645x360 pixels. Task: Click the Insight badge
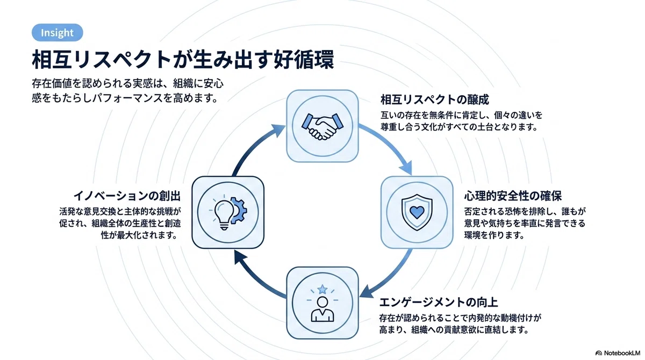tap(58, 33)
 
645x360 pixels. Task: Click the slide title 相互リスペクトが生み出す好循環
tap(183, 60)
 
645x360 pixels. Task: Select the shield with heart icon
tap(417, 212)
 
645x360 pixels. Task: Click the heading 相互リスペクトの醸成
tap(434, 99)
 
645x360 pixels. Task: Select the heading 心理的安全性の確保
tap(513, 196)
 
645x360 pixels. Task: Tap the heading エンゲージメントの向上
tap(439, 303)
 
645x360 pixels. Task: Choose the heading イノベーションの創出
tap(127, 196)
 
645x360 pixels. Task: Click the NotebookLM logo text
tap(622, 353)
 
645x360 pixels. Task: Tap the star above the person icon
tap(322, 289)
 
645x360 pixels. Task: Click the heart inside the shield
tap(417, 212)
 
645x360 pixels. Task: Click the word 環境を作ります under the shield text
tap(493, 235)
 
